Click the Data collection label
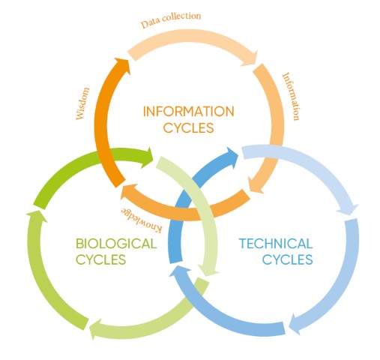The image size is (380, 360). [171, 19]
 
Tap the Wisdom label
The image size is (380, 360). [82, 103]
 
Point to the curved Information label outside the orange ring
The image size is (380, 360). [291, 97]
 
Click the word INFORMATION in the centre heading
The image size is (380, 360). [189, 112]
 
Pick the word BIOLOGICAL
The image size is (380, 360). [116, 244]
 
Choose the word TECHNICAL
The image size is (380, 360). [276, 244]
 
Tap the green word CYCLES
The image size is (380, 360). [100, 259]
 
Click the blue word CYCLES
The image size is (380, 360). [288, 259]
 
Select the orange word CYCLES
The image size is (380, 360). [189, 127]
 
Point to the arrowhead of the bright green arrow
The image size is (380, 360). [148, 157]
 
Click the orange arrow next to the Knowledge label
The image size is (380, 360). [185, 212]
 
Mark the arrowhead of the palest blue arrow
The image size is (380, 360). [349, 208]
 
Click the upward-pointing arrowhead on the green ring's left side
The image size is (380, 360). [37, 216]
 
